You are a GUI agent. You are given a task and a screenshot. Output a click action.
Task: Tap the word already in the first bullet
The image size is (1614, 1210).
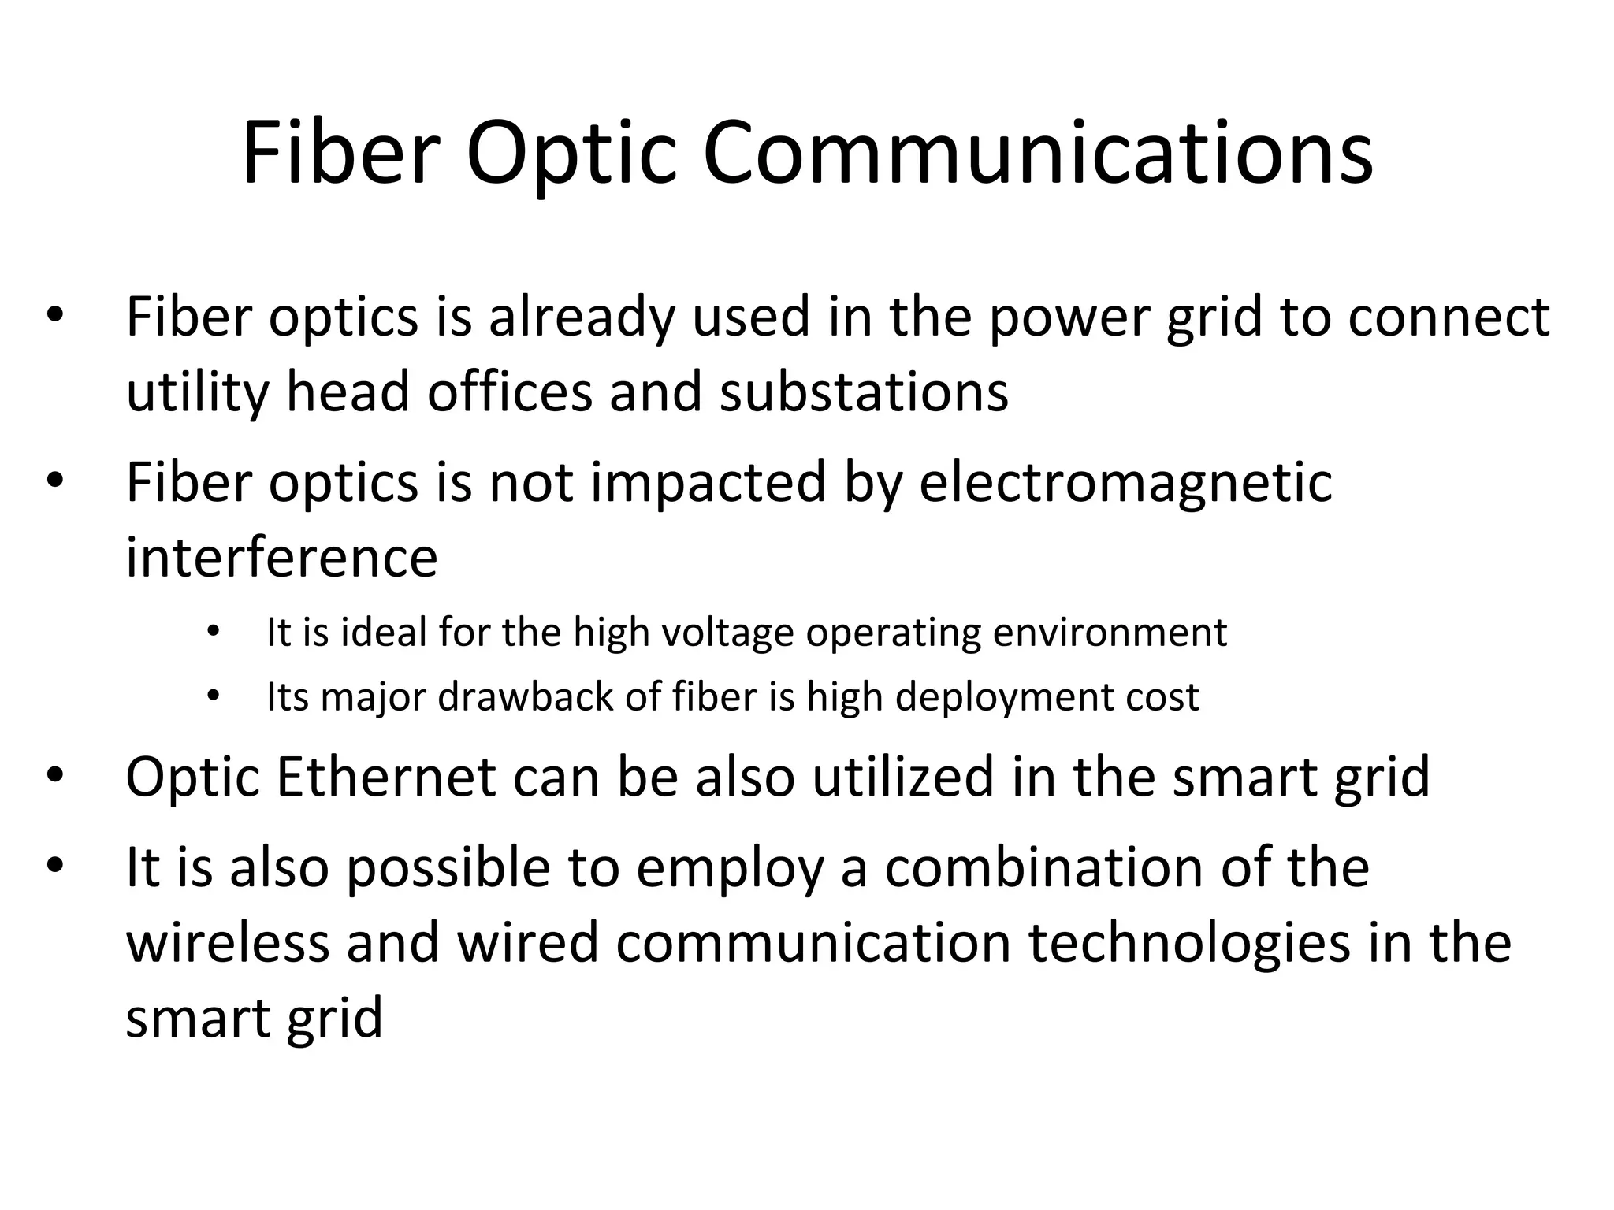coord(582,317)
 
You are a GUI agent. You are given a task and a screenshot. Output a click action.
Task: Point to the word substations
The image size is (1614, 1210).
coord(864,392)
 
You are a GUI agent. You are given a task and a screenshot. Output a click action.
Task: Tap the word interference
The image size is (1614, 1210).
coord(281,557)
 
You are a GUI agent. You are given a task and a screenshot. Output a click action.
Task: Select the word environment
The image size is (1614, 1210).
coord(1110,633)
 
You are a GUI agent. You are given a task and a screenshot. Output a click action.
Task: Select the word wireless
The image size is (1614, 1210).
coord(227,943)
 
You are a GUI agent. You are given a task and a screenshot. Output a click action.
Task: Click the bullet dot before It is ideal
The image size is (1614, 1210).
coord(211,633)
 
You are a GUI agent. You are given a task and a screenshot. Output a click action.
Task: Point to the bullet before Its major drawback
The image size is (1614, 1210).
coord(211,697)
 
